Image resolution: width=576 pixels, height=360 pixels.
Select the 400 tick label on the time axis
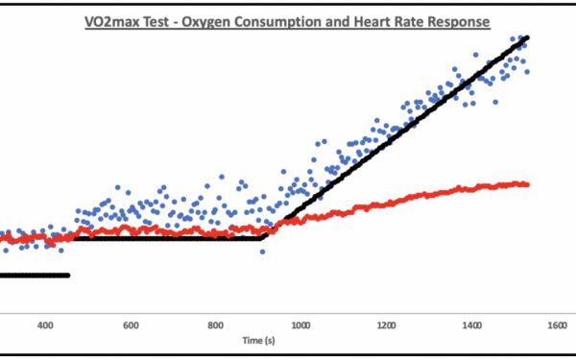pyautogui.click(x=45, y=324)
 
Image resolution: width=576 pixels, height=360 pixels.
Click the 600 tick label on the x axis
pyautogui.click(x=131, y=324)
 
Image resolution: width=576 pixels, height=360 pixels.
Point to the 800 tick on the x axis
pyautogui.click(x=216, y=324)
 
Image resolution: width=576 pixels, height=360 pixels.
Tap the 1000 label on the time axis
pyautogui.click(x=300, y=324)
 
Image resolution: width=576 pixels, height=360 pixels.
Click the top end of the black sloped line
pyautogui.click(x=527, y=37)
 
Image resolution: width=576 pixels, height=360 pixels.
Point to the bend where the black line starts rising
pyautogui.click(x=263, y=237)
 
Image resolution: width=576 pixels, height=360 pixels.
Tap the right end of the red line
pyautogui.click(x=527, y=183)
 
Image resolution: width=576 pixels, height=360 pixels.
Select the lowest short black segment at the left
pyautogui.click(x=34, y=276)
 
